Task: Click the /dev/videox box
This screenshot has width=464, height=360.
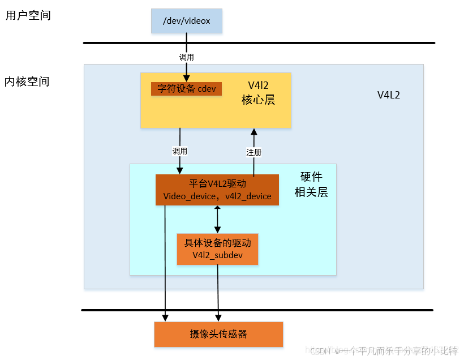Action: pyautogui.click(x=186, y=21)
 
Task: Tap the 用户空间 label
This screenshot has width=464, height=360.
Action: pyautogui.click(x=28, y=15)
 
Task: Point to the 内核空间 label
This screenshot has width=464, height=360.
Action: pyautogui.click(x=27, y=82)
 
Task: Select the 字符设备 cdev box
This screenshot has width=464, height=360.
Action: pyautogui.click(x=186, y=89)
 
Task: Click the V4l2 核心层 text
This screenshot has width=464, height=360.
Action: pyautogui.click(x=258, y=93)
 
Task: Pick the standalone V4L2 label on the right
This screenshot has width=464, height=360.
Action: pyautogui.click(x=389, y=95)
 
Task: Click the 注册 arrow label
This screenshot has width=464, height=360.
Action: pyautogui.click(x=254, y=152)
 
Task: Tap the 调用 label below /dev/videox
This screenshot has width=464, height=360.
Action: pyautogui.click(x=186, y=57)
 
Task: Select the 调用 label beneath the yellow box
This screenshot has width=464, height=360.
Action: pyautogui.click(x=180, y=151)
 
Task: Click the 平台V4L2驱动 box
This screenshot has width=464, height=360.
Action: pyautogui.click(x=217, y=190)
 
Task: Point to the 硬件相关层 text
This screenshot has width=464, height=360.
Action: pyautogui.click(x=311, y=185)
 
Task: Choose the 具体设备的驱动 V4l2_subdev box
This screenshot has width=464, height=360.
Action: pyautogui.click(x=217, y=249)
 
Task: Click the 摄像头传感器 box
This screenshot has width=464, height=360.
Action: pyautogui.click(x=218, y=334)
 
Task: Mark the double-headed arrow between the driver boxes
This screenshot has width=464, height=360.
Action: pyautogui.click(x=217, y=220)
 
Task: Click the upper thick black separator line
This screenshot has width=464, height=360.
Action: pyautogui.click(x=259, y=43)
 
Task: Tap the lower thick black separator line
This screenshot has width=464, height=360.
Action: pyautogui.click(x=257, y=310)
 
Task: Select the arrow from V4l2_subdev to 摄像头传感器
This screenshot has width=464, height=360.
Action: pyautogui.click(x=218, y=292)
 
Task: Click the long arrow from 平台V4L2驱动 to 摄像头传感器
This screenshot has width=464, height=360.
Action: pyautogui.click(x=165, y=260)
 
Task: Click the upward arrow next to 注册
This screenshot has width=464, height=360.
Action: pyautogui.click(x=254, y=139)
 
